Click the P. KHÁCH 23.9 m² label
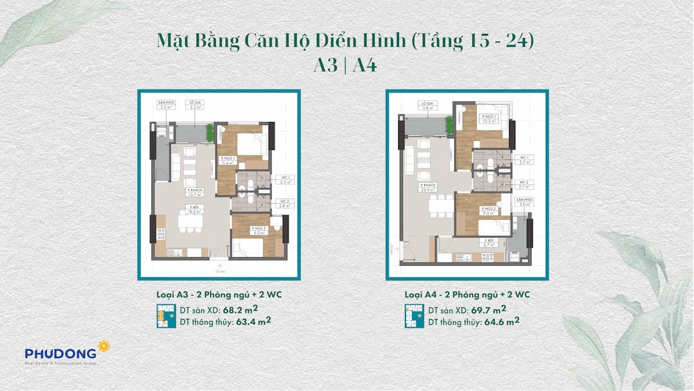[429, 188]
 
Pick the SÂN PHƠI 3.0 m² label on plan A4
[524, 203]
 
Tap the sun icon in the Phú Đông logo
[104, 347]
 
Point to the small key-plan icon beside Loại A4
[414, 316]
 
